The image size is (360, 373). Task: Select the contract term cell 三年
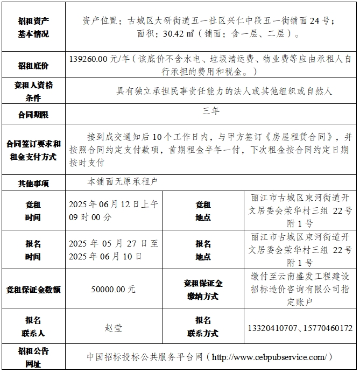click(210, 111)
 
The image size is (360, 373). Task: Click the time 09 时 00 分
click(90, 217)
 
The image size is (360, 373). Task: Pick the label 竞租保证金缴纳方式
click(203, 289)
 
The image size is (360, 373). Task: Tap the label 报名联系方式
click(203, 327)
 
